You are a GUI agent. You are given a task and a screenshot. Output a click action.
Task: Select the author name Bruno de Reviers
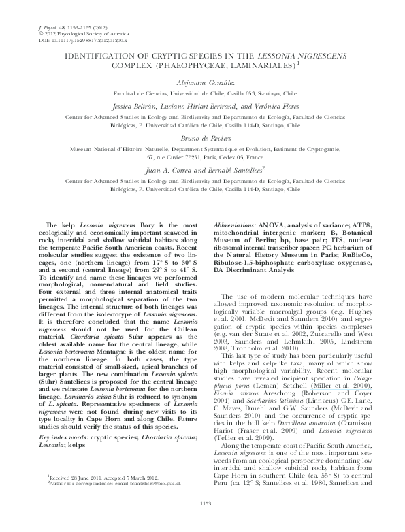point(201,135)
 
